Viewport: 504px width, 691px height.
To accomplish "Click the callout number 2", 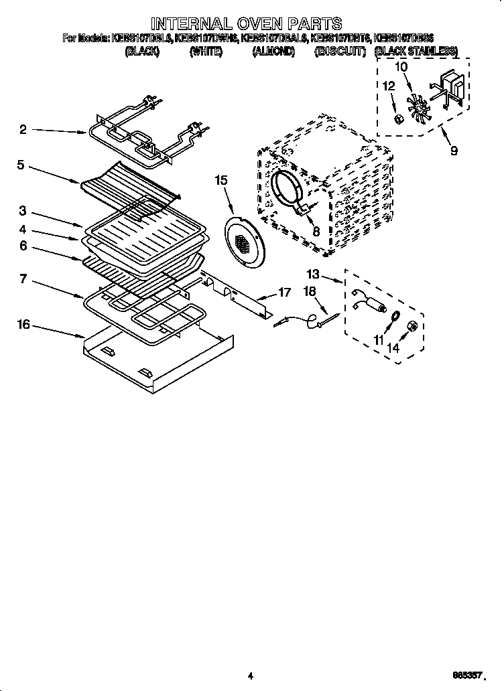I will pyautogui.click(x=23, y=129).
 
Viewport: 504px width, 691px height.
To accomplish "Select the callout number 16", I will pyautogui.click(x=23, y=324).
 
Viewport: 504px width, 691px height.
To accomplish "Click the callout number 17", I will pyautogui.click(x=284, y=293).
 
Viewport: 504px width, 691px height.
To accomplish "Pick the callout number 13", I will pyautogui.click(x=313, y=273).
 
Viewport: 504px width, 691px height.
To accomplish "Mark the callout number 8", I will pyautogui.click(x=316, y=231).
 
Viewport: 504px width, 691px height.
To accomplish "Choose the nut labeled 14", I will pyautogui.click(x=414, y=327).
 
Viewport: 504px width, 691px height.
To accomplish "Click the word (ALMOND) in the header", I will pyautogui.click(x=273, y=51).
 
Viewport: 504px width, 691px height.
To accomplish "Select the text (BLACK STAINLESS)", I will pyautogui.click(x=416, y=51).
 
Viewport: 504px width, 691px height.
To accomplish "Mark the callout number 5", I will pyautogui.click(x=21, y=164).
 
